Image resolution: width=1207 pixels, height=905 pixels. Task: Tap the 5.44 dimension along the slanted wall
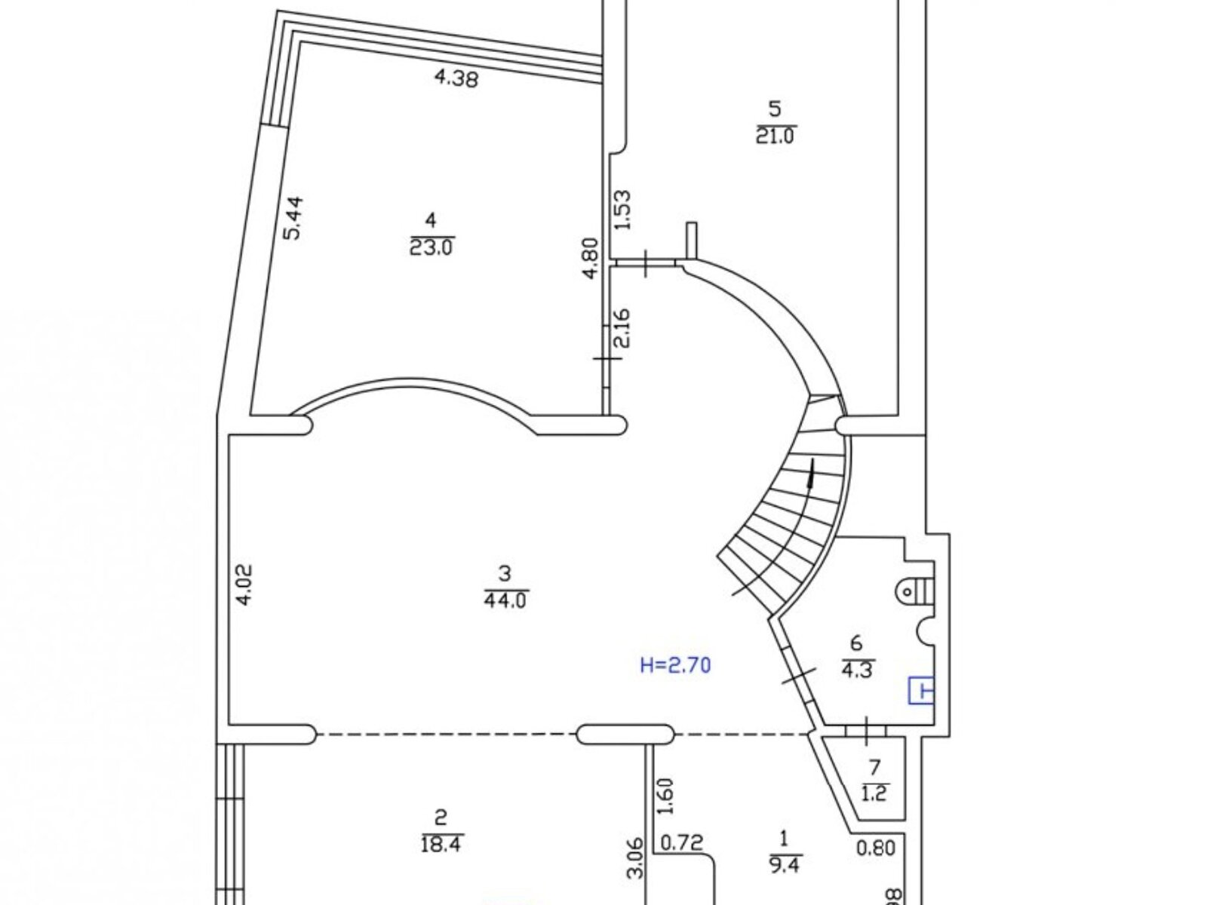point(293,218)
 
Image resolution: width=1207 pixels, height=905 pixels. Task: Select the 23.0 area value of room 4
point(432,247)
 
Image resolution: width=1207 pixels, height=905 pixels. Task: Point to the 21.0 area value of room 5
point(775,136)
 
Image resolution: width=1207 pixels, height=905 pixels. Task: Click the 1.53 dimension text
point(622,212)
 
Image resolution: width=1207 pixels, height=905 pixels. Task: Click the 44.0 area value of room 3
point(506,600)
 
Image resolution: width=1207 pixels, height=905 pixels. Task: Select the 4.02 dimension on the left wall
point(246,585)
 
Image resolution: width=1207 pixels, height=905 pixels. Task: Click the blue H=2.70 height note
point(675,665)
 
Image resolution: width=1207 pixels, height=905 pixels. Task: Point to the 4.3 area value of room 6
point(856,669)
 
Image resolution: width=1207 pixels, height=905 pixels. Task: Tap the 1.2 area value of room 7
point(874,793)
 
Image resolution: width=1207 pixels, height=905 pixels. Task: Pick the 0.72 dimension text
point(681,842)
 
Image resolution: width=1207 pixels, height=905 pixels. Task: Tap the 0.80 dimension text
point(875,848)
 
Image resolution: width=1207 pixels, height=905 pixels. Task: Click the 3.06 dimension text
point(635,857)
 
